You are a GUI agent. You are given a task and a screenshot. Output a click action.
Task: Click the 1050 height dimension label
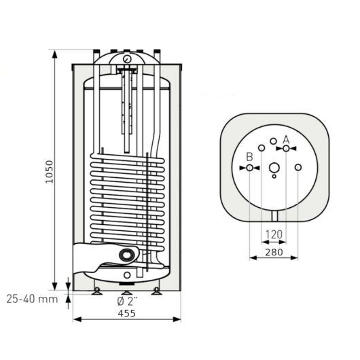click(x=49, y=171)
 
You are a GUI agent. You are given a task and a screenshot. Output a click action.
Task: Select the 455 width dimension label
click(x=127, y=313)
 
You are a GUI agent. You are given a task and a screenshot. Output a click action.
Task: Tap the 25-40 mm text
click(x=32, y=299)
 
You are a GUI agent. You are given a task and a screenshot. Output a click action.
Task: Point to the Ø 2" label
click(x=127, y=302)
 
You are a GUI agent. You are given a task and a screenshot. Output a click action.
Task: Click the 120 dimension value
click(x=274, y=234)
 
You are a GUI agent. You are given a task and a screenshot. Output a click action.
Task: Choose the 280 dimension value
click(x=274, y=252)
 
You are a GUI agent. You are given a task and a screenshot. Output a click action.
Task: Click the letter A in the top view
click(x=286, y=140)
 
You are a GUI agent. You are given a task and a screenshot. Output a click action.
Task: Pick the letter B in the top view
click(x=249, y=157)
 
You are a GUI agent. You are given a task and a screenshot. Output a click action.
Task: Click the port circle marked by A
click(x=286, y=149)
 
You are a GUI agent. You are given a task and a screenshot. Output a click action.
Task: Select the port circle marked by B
click(x=249, y=168)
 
